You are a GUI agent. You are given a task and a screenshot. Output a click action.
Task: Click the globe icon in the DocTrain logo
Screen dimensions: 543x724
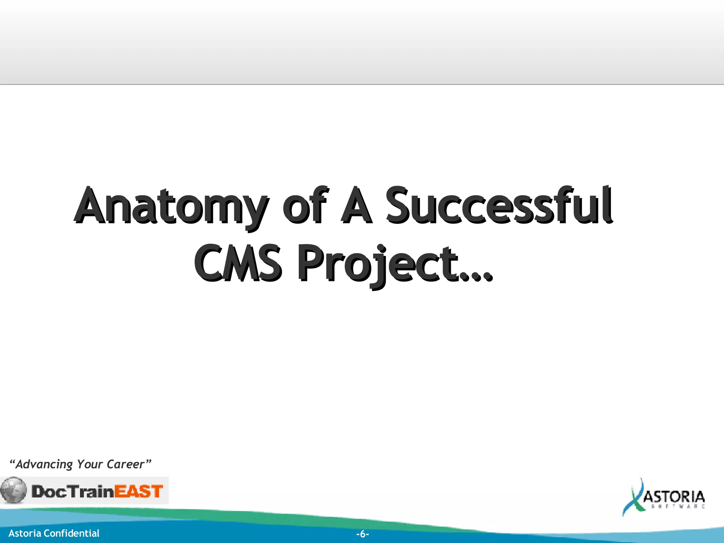13,490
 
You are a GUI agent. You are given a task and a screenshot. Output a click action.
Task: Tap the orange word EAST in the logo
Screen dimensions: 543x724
139,491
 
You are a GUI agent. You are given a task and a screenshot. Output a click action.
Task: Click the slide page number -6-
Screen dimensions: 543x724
362,534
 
